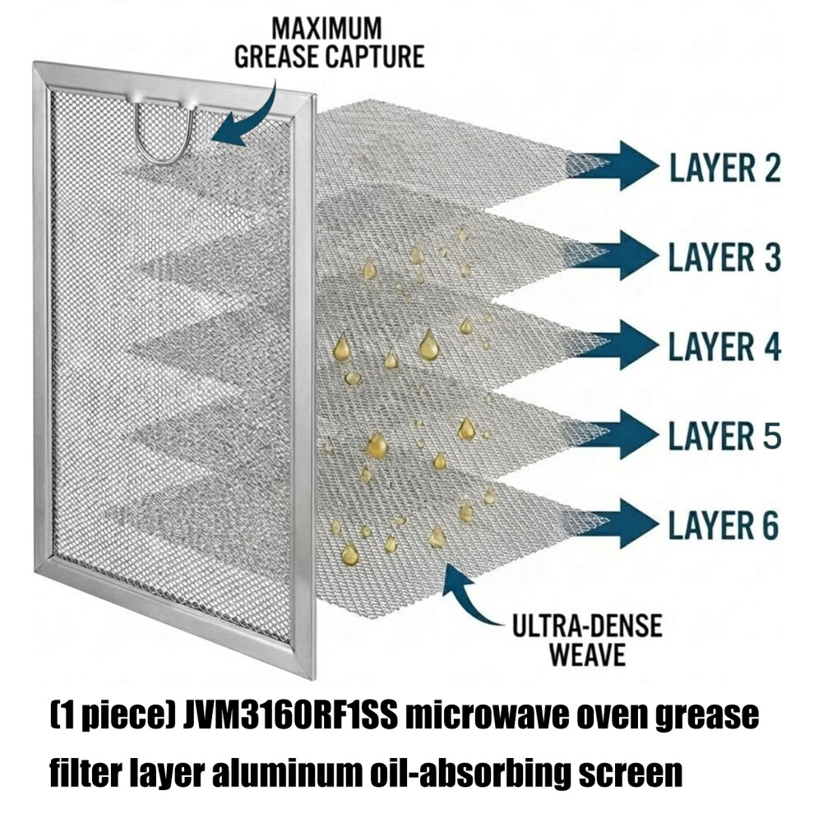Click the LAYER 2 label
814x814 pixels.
click(724, 167)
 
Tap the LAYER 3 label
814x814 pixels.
click(724, 257)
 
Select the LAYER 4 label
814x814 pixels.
click(724, 345)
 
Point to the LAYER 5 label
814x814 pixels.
click(724, 435)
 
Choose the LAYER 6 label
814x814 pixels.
click(724, 525)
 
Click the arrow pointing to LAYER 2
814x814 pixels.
click(615, 165)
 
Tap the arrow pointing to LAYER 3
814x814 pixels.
click(615, 256)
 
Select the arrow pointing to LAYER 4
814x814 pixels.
click(615, 345)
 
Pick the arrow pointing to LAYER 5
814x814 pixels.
click(615, 434)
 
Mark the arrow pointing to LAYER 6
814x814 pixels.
click(615, 524)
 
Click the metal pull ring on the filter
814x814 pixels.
click(164, 158)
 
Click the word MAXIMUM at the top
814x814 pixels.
click(326, 29)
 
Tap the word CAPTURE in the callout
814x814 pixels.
click(373, 57)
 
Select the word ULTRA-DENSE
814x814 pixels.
click(587, 626)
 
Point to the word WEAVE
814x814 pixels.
click(587, 654)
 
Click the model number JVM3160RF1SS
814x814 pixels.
click(291, 716)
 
